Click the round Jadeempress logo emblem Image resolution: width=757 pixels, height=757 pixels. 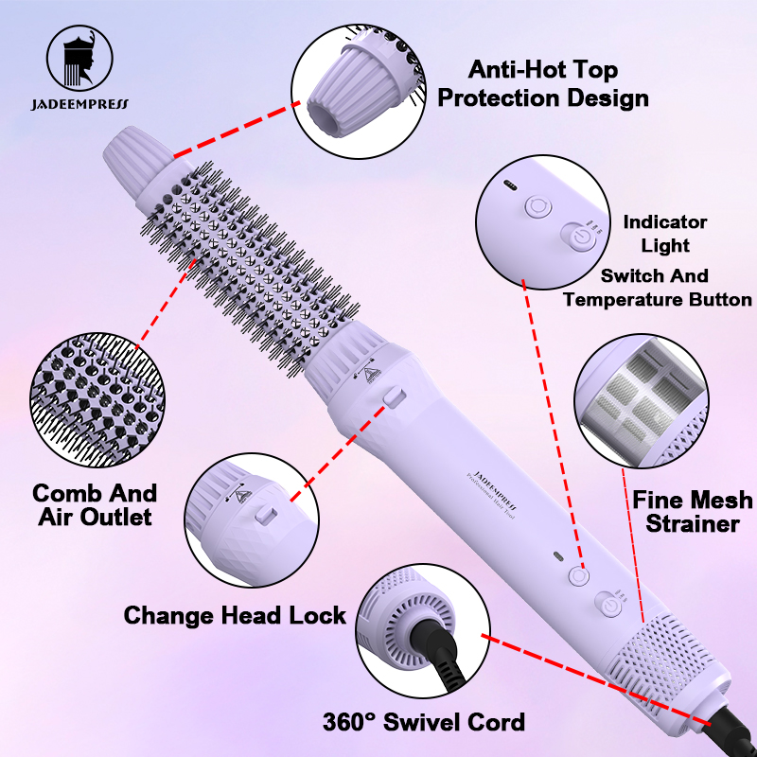79,59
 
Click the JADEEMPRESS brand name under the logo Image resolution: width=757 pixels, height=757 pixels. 80,104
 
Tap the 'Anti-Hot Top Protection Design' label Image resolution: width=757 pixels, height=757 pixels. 543,84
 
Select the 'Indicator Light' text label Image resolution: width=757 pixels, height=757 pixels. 665,234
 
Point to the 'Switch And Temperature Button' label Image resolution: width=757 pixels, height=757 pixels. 657,288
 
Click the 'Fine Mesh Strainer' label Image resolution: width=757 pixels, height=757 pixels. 693,512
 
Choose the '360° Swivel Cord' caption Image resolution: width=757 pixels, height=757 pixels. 423,722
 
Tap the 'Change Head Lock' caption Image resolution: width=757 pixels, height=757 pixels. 235,616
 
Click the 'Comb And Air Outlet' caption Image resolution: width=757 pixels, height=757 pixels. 96,505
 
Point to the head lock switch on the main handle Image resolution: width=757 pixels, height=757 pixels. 395,396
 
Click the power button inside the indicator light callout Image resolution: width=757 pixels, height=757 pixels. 579,238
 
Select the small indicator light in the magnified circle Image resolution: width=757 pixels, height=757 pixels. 510,185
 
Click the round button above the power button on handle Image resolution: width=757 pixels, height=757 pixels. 579,575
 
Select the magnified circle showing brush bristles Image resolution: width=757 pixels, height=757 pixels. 97,399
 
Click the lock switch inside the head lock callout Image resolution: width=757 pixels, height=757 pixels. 266,514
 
